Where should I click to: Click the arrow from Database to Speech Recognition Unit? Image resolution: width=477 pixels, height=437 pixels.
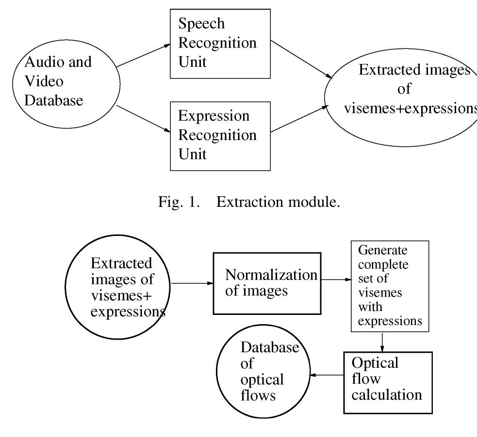pyautogui.click(x=143, y=55)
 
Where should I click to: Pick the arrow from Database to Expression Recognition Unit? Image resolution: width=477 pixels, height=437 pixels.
pyautogui.click(x=143, y=119)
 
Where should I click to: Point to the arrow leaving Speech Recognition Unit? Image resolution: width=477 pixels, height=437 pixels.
pyautogui.click(x=301, y=59)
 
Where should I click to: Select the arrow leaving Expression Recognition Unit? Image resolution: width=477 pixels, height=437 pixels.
pyautogui.click(x=299, y=119)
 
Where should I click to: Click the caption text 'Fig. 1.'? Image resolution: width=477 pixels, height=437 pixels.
pyautogui.click(x=179, y=202)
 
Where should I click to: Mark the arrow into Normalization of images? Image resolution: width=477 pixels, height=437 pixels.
pyautogui.click(x=192, y=283)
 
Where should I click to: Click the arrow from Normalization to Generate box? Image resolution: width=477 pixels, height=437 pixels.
pyautogui.click(x=336, y=280)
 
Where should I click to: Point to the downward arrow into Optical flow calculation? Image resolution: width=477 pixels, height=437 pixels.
pyautogui.click(x=382, y=342)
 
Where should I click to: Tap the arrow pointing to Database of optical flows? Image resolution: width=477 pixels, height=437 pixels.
pyautogui.click(x=327, y=375)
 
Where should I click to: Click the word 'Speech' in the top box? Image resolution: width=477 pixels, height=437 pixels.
pyautogui.click(x=201, y=24)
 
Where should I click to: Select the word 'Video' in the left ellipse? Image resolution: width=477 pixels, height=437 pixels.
pyautogui.click(x=44, y=81)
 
